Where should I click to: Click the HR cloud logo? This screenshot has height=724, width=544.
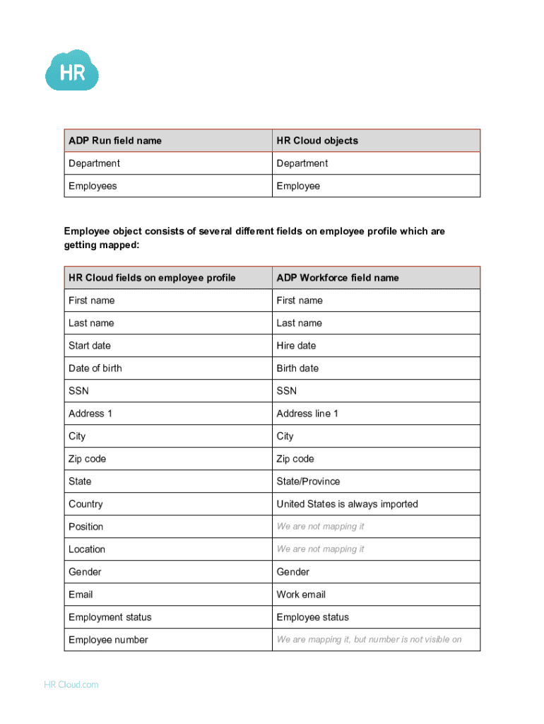(71, 70)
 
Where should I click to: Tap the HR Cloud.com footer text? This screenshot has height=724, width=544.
(71, 684)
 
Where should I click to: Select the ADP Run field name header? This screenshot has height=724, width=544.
(115, 141)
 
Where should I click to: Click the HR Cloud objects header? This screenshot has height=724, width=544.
(317, 141)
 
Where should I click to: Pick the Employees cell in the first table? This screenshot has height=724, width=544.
(93, 186)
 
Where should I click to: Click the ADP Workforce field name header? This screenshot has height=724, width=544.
(338, 278)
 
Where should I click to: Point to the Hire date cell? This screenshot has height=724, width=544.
(296, 346)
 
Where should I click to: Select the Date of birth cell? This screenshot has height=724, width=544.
(95, 368)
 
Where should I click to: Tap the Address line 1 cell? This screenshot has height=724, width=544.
(307, 414)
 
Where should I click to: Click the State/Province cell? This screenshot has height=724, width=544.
(308, 481)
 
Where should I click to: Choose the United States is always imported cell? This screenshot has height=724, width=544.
(347, 504)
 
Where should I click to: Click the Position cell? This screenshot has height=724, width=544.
(85, 527)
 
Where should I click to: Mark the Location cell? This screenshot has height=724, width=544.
(87, 549)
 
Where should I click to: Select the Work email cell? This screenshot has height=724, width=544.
(301, 595)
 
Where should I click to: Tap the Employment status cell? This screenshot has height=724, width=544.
(110, 617)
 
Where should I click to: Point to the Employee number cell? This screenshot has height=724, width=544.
(108, 640)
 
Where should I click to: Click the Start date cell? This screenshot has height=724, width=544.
(90, 346)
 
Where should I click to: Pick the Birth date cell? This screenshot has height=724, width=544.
(297, 368)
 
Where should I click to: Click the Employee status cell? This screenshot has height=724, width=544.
(312, 617)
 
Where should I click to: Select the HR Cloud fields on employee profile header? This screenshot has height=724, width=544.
(152, 278)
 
